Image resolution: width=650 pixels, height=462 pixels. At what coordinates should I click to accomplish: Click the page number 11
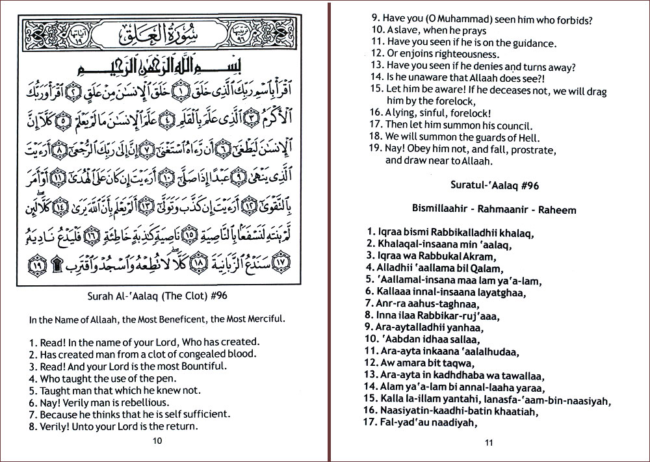tap(489, 444)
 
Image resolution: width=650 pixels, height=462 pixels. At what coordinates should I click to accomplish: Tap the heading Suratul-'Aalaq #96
tap(494, 185)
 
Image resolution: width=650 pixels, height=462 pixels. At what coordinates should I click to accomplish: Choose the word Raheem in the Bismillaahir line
tap(552, 210)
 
